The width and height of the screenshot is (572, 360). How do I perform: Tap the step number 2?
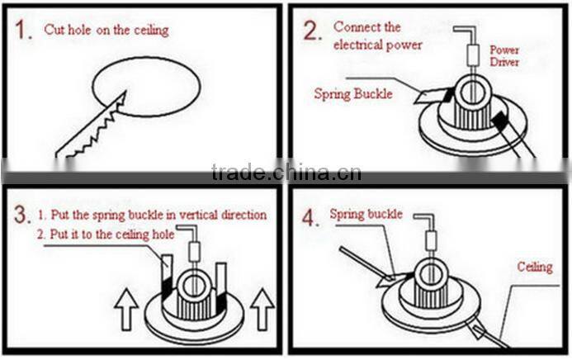[311, 31]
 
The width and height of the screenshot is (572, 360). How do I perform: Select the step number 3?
[22, 217]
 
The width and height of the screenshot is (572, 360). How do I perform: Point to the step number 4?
[311, 220]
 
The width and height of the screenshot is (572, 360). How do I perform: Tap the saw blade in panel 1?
[90, 128]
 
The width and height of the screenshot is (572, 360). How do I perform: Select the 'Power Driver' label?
[503, 56]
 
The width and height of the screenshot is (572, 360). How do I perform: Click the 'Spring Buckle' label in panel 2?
[352, 94]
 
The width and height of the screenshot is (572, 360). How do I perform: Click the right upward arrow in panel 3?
[262, 310]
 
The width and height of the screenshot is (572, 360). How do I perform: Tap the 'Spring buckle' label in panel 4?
[366, 214]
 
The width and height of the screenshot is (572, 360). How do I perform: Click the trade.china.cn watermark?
[286, 173]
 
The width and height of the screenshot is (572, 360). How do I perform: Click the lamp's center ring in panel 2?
[473, 90]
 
